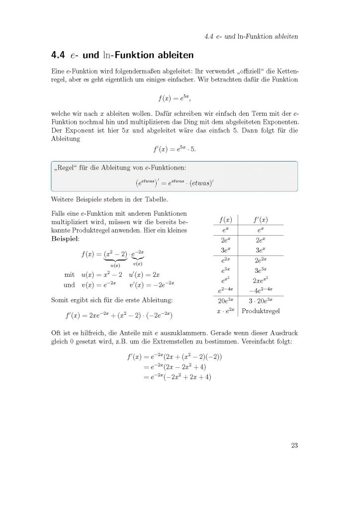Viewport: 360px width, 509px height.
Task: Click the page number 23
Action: point(294,445)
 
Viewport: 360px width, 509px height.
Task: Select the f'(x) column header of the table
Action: point(261,220)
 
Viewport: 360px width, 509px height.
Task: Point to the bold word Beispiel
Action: point(65,239)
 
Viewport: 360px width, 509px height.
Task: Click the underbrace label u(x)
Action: point(115,265)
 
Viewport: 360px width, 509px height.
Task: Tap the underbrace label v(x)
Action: point(138,263)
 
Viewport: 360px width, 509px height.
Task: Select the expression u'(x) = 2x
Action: point(144,274)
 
